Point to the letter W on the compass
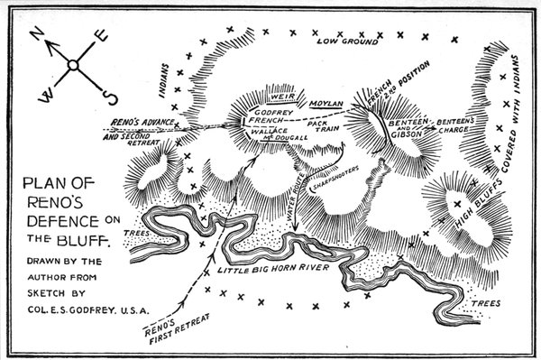(42, 94)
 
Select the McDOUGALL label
(290, 136)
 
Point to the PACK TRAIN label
(319, 125)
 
